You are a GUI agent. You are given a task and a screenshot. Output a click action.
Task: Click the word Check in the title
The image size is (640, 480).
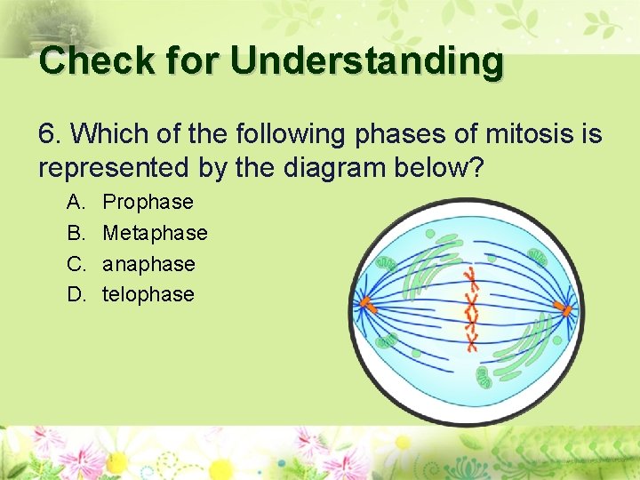tap(84, 60)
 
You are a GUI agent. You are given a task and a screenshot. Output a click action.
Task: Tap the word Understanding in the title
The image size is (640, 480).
tap(366, 60)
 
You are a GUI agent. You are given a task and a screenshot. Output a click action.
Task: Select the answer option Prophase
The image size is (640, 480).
tap(148, 202)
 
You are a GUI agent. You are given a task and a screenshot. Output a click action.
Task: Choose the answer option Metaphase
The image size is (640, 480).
tap(155, 233)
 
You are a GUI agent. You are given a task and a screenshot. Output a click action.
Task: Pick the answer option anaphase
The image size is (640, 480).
tap(148, 264)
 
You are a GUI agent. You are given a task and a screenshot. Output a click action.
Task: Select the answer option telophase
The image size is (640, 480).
tap(148, 294)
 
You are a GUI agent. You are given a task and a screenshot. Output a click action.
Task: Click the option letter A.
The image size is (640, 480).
tap(75, 202)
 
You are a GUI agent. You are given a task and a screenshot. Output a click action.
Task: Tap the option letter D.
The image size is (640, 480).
tap(75, 294)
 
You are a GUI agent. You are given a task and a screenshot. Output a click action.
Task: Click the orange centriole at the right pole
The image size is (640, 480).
tap(563, 310)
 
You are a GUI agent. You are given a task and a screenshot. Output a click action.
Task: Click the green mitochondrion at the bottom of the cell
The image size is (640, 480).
tap(484, 379)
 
